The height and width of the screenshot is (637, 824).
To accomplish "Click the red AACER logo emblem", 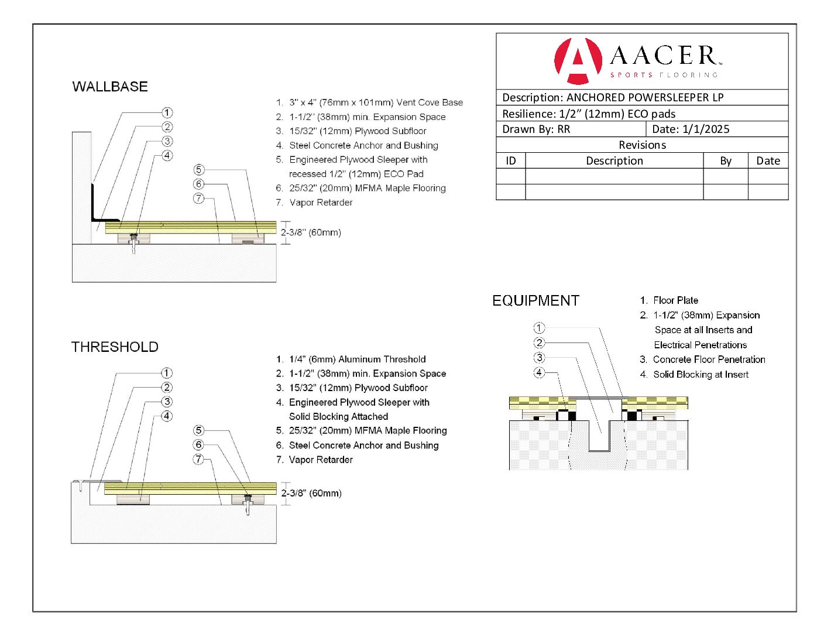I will [x=578, y=61].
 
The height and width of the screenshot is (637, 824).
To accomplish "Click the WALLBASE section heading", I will [x=110, y=87].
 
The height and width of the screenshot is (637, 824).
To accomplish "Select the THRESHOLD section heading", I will [x=115, y=347].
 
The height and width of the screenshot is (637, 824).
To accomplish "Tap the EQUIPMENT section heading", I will [x=535, y=301].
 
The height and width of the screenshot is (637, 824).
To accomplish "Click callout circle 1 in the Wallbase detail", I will [x=167, y=112].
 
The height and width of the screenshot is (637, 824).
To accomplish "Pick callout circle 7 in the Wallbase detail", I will [x=199, y=198].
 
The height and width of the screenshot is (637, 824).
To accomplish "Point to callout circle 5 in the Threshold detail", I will [x=199, y=430].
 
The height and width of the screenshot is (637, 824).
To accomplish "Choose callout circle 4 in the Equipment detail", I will [x=539, y=372].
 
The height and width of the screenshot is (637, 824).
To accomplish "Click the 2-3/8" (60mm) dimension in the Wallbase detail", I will [x=311, y=232].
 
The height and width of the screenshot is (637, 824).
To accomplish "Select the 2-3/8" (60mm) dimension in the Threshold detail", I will [x=311, y=493].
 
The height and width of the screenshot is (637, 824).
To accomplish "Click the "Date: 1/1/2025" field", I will [x=691, y=129].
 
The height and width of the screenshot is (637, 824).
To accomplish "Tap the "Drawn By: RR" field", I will [x=536, y=129].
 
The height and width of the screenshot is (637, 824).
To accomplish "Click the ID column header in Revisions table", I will [x=511, y=161].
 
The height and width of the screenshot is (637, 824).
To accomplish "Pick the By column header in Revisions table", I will [x=726, y=161].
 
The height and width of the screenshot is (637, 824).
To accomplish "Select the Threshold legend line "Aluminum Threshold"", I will [x=357, y=359].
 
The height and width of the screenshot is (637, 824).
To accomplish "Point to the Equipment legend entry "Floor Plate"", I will [x=675, y=300].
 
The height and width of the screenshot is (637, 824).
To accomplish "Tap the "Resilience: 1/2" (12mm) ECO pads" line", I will [x=589, y=114].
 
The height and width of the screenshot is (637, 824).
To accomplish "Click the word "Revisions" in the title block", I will [x=642, y=145].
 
